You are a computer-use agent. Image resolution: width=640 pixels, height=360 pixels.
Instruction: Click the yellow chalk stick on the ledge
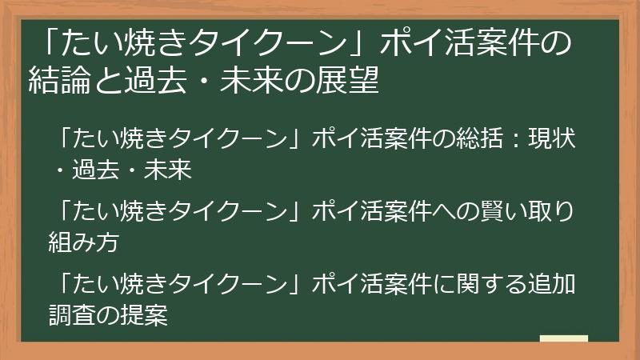pyautogui.click(x=564, y=338)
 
